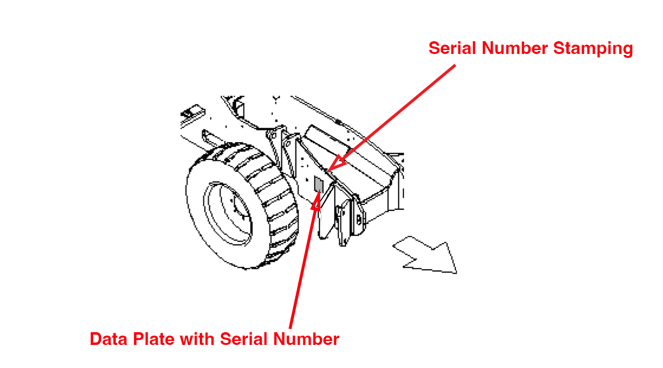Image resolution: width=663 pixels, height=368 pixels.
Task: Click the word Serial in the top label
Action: [x=452, y=49]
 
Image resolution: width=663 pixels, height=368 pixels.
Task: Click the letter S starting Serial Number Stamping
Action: [x=434, y=49]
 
